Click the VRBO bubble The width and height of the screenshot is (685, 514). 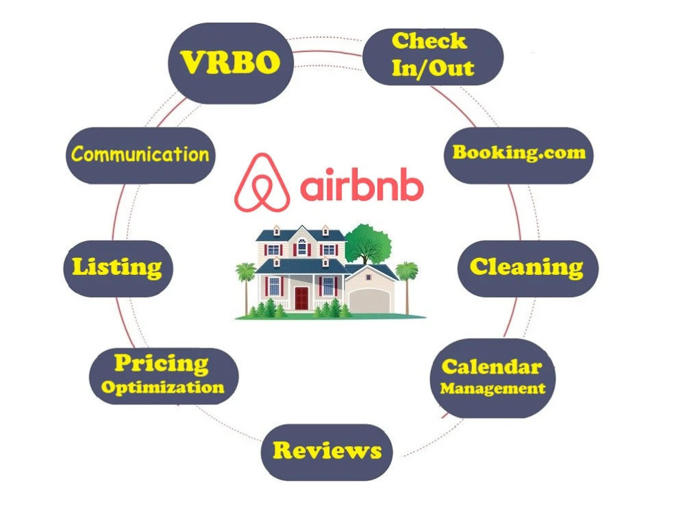click(231, 63)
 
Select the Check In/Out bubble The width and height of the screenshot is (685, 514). click(433, 57)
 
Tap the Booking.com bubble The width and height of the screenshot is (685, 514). click(519, 155)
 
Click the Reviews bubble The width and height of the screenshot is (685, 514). click(327, 452)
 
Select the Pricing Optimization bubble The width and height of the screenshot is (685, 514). click(164, 376)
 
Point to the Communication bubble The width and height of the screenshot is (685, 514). click(140, 155)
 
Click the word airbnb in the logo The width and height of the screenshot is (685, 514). click(362, 184)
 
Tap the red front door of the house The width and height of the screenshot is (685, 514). click(301, 298)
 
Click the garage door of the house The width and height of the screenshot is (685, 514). click(370, 300)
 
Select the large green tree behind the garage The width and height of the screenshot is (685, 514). click(367, 244)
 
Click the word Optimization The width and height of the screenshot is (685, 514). click(162, 388)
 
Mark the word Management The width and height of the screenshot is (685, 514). click(493, 388)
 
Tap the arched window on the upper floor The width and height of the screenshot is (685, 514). click(302, 247)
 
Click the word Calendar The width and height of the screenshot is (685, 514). click(492, 367)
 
